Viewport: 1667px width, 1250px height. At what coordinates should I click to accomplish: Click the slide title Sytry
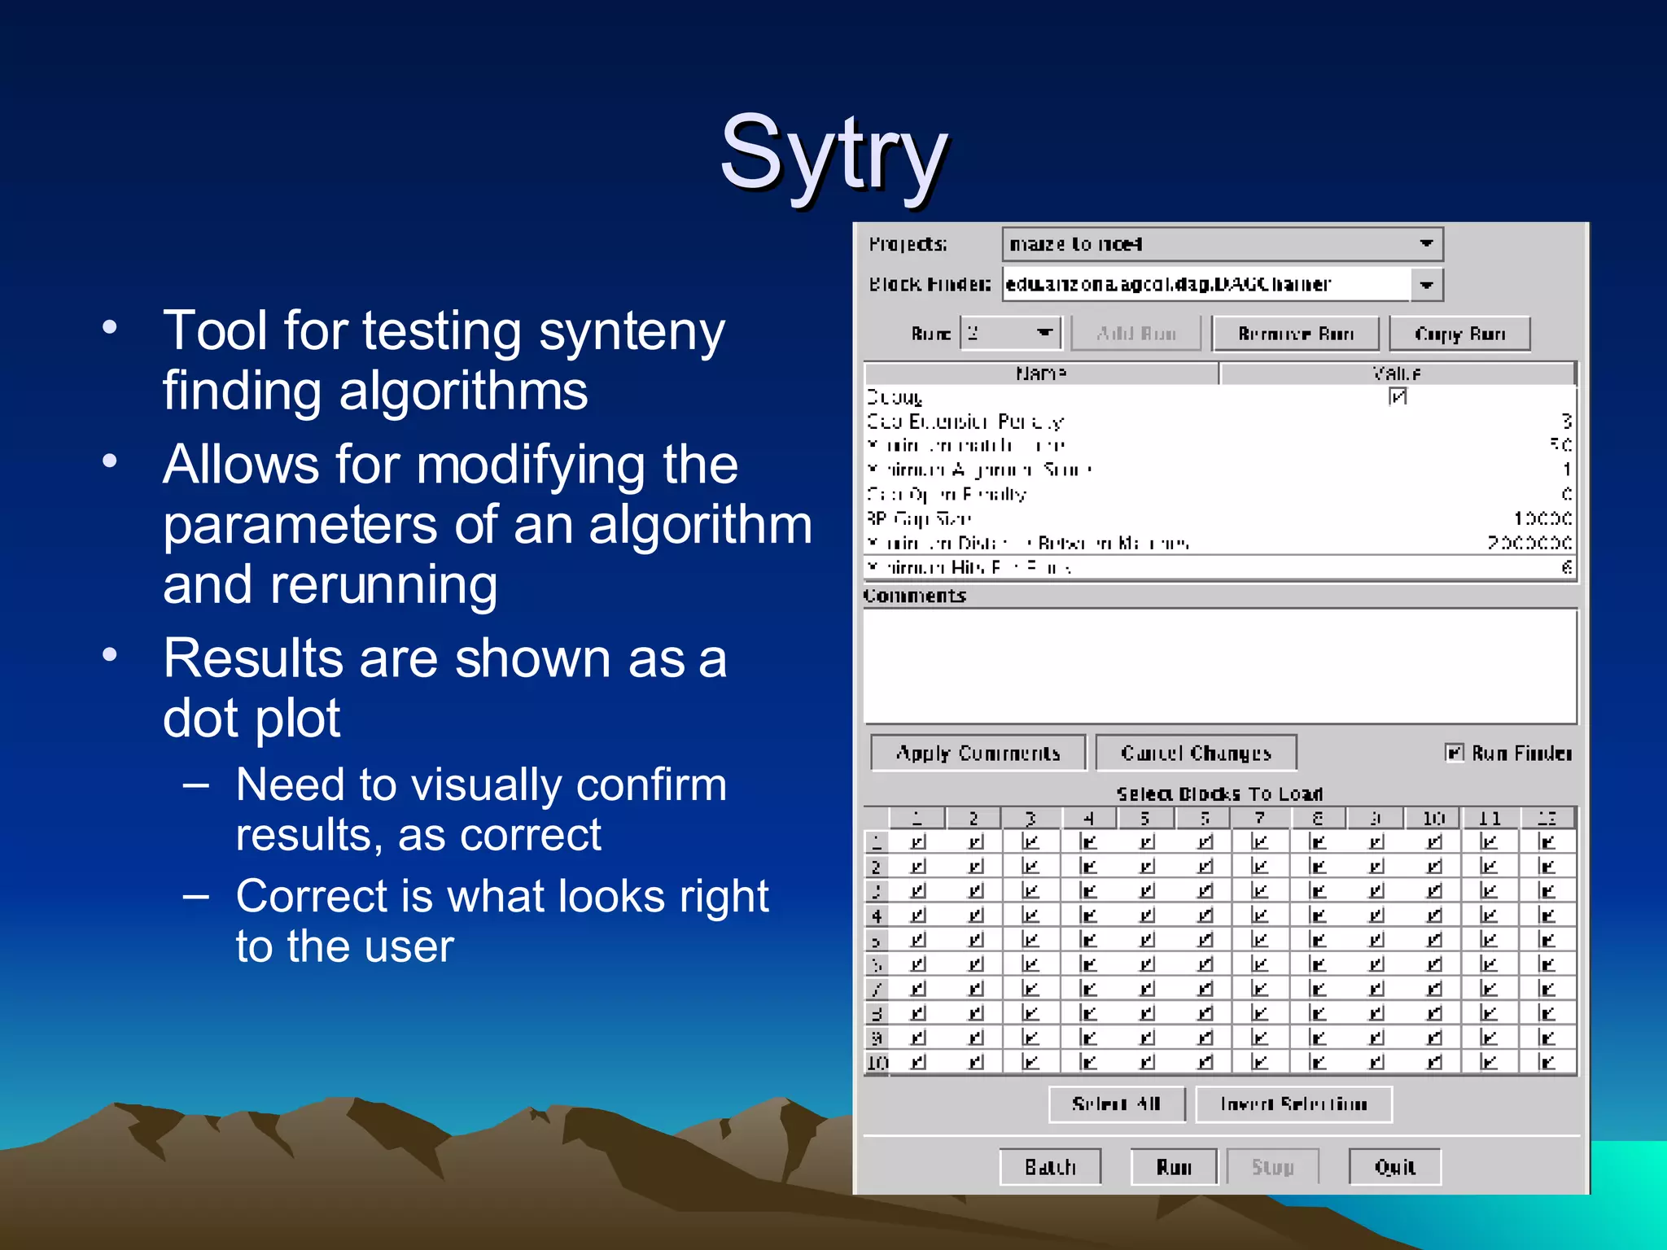[x=833, y=153]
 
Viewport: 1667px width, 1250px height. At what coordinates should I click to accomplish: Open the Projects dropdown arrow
[x=1426, y=243]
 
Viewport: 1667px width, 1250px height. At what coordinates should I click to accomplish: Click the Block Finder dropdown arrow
[x=1426, y=285]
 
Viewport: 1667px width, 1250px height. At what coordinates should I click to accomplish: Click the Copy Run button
[x=1459, y=334]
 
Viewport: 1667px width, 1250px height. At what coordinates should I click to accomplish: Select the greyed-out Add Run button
[x=1135, y=334]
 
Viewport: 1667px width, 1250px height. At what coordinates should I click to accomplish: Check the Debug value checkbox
[x=1398, y=396]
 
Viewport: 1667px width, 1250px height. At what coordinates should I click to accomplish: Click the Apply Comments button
[x=978, y=753]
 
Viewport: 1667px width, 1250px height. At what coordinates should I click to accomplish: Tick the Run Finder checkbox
[x=1454, y=752]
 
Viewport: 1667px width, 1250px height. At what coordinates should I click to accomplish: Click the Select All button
[x=1116, y=1104]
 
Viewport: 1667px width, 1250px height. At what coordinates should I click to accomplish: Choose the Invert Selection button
[x=1293, y=1104]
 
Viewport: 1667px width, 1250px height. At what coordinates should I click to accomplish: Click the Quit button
[x=1394, y=1167]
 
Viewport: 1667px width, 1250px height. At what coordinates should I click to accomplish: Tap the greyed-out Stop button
[x=1272, y=1167]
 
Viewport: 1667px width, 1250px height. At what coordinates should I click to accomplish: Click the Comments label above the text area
[x=915, y=596]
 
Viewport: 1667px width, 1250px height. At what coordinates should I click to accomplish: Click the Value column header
[x=1397, y=374]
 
